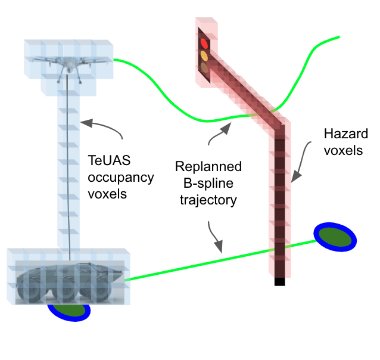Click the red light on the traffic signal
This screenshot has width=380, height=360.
click(x=205, y=43)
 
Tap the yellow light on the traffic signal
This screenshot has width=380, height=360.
click(x=205, y=55)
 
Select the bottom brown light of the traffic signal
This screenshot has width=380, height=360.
click(x=205, y=67)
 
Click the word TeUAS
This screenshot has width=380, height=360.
click(x=105, y=161)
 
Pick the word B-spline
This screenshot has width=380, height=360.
click(x=207, y=184)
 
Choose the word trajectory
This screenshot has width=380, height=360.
click(x=208, y=200)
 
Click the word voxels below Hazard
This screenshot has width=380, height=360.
click(x=342, y=150)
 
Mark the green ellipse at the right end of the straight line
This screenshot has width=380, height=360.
click(x=335, y=237)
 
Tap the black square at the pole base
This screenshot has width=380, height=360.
click(x=279, y=281)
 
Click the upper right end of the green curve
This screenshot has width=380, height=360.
click(x=338, y=38)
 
